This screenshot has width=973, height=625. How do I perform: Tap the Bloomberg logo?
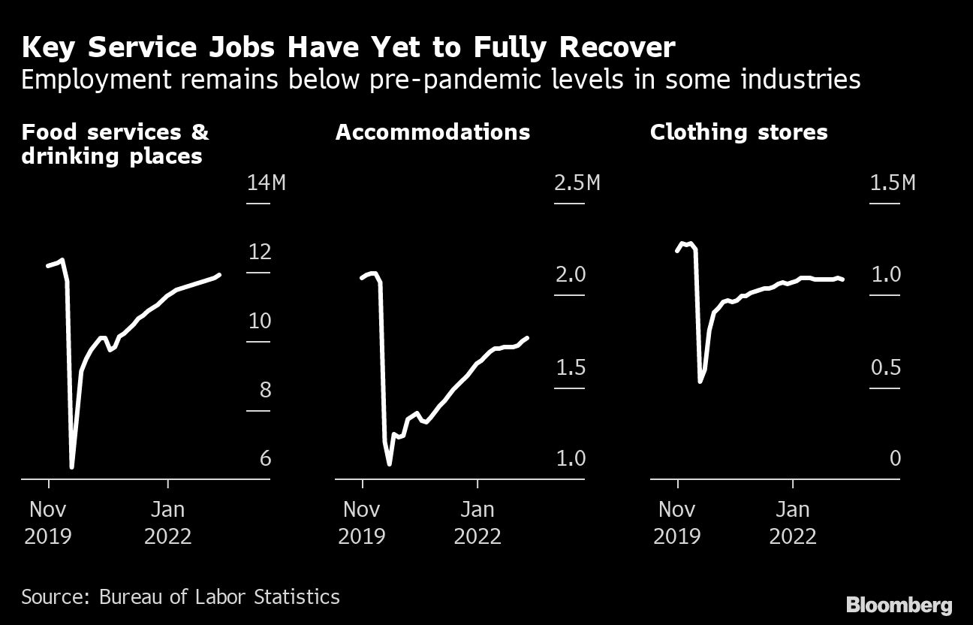click(x=899, y=605)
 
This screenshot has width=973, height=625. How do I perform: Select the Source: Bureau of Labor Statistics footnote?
click(x=180, y=597)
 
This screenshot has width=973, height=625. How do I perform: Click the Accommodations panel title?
click(x=432, y=132)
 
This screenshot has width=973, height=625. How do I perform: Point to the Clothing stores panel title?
click(x=739, y=132)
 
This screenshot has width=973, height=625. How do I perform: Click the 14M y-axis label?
click(x=267, y=183)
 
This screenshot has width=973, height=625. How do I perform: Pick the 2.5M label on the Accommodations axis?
click(x=577, y=183)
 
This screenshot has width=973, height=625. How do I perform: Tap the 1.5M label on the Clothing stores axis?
click(x=893, y=183)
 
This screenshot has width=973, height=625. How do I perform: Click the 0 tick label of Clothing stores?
click(x=894, y=458)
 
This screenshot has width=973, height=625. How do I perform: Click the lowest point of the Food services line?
click(x=72, y=467)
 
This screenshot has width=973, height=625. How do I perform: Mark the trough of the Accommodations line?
click(x=389, y=464)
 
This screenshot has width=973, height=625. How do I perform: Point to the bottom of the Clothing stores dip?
click(x=700, y=382)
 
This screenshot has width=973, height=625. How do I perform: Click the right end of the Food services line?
click(x=219, y=275)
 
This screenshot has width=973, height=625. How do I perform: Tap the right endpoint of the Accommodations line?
click(x=528, y=338)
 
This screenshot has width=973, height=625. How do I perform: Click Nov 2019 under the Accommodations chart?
click(x=362, y=523)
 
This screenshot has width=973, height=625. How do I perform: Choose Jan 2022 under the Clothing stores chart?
click(x=793, y=523)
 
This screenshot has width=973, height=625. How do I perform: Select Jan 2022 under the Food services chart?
click(x=167, y=523)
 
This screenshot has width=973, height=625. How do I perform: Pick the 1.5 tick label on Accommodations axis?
click(x=570, y=368)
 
